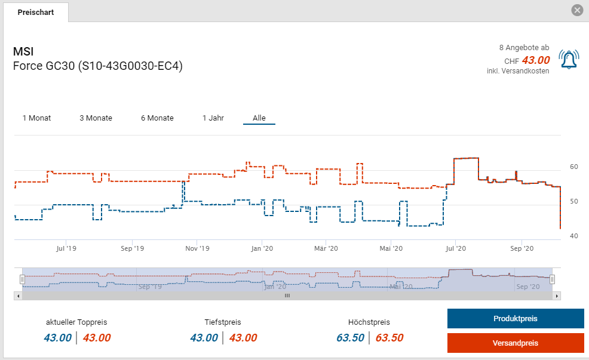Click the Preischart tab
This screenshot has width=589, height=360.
tap(35, 12)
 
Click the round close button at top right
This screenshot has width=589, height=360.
tap(576, 10)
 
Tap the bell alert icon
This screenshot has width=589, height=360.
tap(568, 59)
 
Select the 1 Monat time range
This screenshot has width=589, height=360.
tap(36, 118)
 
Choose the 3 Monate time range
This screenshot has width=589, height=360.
tap(96, 118)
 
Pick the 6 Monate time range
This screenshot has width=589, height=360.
tap(157, 118)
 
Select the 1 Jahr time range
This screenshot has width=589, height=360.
tap(213, 118)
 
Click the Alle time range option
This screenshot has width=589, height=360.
tap(259, 118)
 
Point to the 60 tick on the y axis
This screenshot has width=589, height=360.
tap(573, 167)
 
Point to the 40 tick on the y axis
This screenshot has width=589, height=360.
tap(573, 236)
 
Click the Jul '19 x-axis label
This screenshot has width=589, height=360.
tap(66, 248)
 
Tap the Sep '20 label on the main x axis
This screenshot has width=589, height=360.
tap(521, 248)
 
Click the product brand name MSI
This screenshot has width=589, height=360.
tap(24, 51)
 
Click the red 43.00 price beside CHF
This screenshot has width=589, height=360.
tap(535, 60)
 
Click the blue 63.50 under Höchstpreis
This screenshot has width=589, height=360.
tap(350, 338)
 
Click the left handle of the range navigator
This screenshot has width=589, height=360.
tap(22, 279)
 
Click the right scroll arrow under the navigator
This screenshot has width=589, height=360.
tap(557, 296)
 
